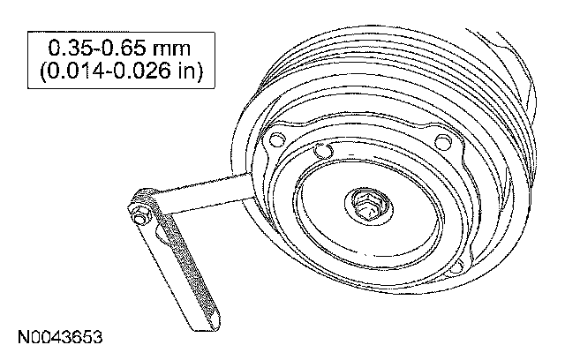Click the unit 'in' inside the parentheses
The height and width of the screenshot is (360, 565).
point(186,71)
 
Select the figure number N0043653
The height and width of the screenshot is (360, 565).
point(60,337)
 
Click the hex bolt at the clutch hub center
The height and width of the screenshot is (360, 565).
point(367,207)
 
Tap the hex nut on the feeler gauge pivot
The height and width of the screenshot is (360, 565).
point(139,217)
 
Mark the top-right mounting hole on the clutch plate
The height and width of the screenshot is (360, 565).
point(443,142)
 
